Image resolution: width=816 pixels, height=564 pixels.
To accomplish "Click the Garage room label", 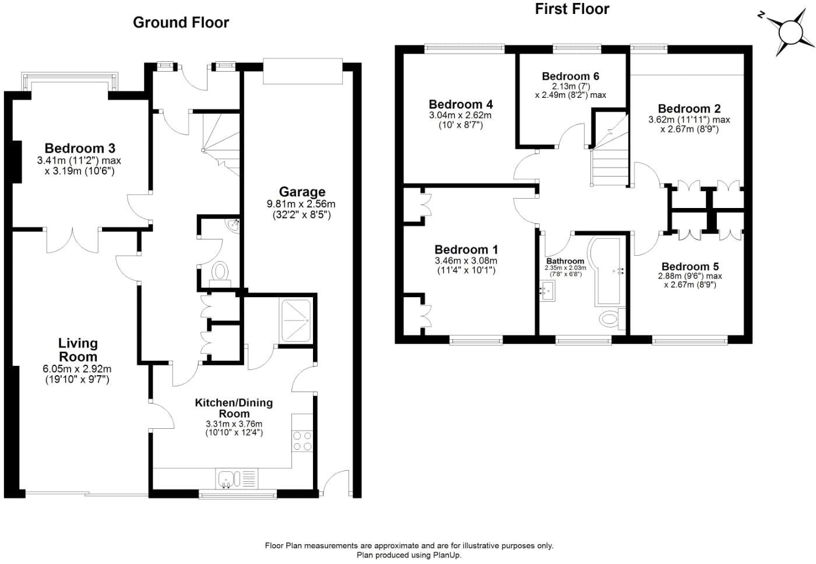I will (301, 192).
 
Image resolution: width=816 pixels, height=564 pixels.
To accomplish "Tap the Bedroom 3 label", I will (79, 148).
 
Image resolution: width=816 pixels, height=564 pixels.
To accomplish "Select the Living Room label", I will (78, 350).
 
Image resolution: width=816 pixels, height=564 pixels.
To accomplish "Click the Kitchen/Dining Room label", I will (234, 408).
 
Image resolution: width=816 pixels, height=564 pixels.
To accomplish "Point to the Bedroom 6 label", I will (570, 76).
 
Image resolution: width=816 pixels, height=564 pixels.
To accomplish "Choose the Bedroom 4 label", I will (460, 104).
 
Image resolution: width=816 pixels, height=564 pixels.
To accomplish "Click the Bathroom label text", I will (565, 261).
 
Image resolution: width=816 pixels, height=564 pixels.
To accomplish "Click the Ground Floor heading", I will (181, 23).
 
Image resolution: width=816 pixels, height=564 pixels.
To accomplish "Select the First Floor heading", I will (572, 9).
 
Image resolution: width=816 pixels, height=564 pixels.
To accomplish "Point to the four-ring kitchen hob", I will (302, 441).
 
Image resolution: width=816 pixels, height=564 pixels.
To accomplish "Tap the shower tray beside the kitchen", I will (297, 321).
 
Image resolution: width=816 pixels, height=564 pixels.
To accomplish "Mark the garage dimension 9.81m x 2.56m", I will (301, 205).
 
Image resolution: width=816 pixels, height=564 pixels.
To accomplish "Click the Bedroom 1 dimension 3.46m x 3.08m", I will (466, 261).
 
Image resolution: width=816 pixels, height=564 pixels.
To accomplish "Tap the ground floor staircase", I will (221, 143).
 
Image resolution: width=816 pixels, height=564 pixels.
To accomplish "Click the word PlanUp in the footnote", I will (446, 555).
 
